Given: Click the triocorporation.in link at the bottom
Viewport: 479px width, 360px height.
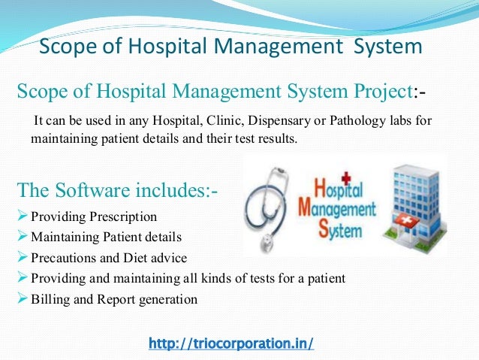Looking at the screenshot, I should point(230,343).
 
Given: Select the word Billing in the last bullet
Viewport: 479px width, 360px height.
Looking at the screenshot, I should point(50,298).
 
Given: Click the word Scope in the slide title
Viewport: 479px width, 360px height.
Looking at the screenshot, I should point(63,47).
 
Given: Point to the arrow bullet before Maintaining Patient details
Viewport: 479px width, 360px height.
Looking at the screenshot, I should point(23,237).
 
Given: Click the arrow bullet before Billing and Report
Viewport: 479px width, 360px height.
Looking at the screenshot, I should point(23,298).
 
